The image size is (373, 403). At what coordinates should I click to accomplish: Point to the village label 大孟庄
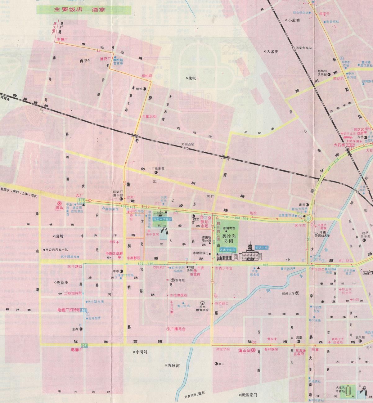272,51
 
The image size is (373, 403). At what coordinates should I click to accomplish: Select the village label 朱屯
192,78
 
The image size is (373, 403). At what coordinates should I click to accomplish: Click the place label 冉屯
84,61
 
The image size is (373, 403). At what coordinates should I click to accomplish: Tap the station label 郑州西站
188,144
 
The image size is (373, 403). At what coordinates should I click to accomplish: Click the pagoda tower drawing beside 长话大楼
250,252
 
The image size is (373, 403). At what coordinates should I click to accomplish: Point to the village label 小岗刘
141,352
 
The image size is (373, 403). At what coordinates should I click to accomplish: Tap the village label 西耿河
173,365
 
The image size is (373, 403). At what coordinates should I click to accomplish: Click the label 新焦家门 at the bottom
249,395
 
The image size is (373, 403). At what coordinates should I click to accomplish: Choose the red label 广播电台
178,329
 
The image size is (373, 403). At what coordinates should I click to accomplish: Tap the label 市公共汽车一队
58,249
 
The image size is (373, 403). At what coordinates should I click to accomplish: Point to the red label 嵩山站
245,350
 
